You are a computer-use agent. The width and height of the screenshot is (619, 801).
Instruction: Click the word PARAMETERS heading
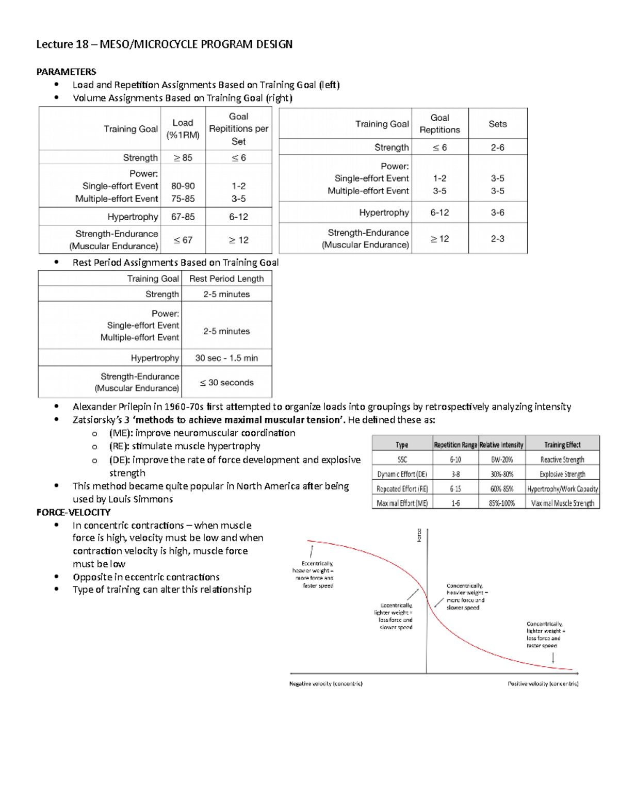[66, 72]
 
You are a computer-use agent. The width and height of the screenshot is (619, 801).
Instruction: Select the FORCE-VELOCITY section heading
[73, 512]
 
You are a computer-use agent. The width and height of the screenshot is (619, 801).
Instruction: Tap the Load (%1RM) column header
[183, 129]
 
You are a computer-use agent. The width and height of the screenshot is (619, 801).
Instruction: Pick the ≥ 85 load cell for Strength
[183, 158]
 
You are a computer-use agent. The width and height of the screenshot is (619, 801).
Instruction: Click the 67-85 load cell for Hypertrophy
[183, 217]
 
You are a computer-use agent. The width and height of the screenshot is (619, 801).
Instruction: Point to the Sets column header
[497, 124]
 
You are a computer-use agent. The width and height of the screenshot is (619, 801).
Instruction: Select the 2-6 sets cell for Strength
[497, 148]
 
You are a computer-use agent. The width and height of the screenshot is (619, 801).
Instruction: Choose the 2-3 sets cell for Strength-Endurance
[497, 239]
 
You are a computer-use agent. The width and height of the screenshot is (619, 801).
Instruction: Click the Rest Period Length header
[226, 279]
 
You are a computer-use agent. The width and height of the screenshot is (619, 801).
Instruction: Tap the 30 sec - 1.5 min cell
[226, 358]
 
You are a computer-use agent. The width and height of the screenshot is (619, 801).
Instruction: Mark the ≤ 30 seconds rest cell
[226, 383]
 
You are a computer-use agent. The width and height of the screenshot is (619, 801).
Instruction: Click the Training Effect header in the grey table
[562, 445]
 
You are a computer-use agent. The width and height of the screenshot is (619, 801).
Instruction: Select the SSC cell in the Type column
[402, 460]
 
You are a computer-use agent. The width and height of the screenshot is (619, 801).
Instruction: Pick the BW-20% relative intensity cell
[501, 460]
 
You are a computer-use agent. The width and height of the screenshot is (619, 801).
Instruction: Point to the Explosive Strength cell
[562, 474]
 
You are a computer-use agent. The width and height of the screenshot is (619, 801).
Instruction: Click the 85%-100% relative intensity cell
[501, 503]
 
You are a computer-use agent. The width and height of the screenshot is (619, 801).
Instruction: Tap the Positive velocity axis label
[543, 684]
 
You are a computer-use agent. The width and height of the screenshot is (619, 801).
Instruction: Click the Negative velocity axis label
[326, 684]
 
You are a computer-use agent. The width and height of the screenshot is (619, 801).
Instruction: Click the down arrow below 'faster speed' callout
[553, 658]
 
